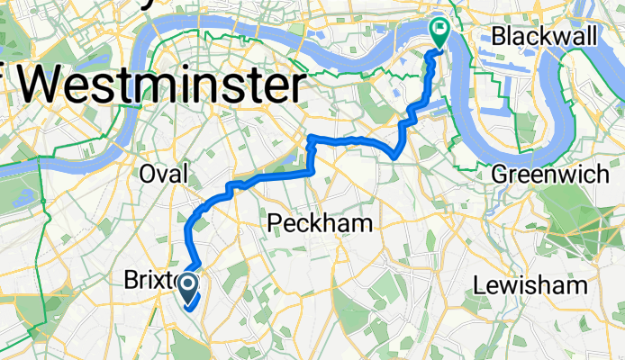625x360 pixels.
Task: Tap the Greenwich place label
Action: click(550, 174)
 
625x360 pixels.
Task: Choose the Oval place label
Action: click(163, 174)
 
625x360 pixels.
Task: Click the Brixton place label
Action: click(149, 282)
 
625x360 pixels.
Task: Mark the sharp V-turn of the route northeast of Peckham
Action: click(395, 156)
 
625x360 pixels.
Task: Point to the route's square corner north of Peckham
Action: click(311, 139)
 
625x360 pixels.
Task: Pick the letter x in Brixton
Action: click(166, 282)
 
